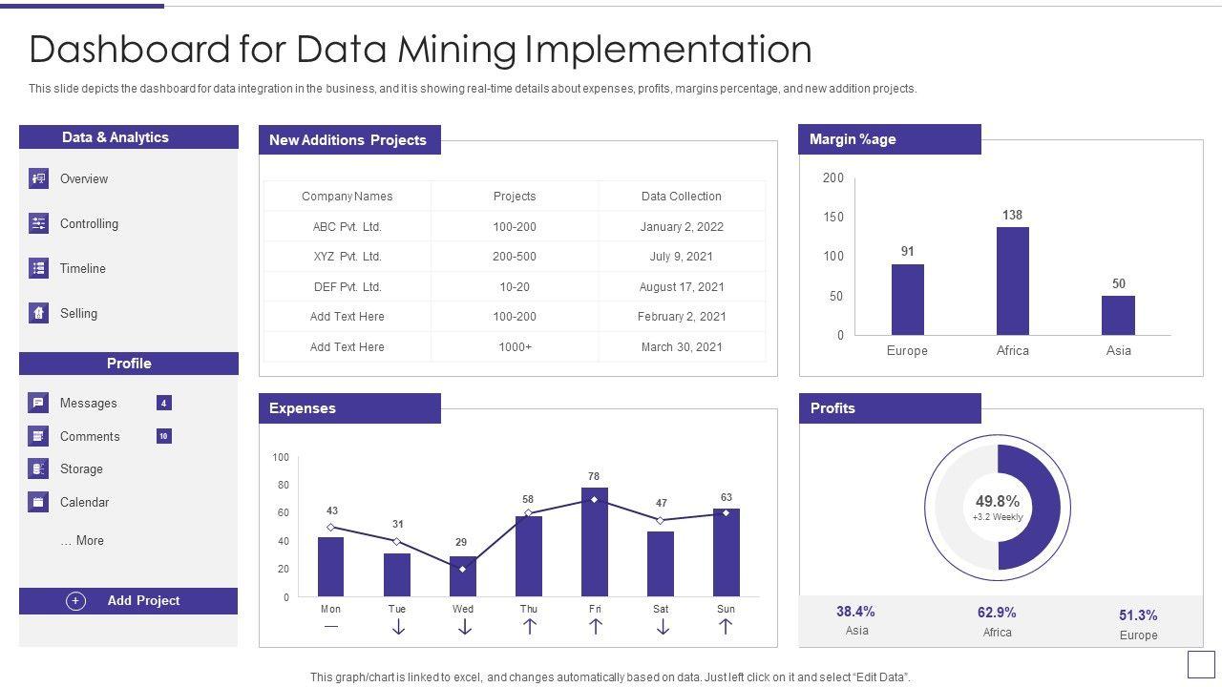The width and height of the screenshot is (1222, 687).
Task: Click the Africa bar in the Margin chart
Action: point(1012,281)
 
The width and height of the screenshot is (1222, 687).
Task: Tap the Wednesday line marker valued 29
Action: point(463,569)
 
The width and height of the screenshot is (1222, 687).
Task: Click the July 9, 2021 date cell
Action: point(682,257)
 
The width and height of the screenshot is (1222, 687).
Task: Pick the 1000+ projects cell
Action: point(515,347)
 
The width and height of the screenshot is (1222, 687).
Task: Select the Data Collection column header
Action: point(682,197)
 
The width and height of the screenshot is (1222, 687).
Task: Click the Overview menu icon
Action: point(38,178)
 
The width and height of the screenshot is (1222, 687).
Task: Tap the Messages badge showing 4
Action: point(164,404)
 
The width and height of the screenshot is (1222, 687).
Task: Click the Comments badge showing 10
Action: point(164,436)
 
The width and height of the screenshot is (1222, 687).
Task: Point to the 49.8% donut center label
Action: point(998,502)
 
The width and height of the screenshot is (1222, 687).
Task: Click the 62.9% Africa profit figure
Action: point(997,613)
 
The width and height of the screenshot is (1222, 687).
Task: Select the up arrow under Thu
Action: point(529,627)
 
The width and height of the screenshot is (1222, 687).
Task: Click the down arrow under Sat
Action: point(662,627)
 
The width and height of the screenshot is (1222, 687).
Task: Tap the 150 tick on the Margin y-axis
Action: point(832,218)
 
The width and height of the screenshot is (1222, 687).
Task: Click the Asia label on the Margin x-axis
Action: point(1118,351)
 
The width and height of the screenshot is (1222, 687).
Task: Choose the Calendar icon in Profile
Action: point(38,502)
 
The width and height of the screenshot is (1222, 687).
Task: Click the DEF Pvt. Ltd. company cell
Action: point(347,287)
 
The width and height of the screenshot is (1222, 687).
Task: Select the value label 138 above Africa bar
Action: point(1012,216)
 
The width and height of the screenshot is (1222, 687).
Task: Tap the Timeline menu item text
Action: point(83,269)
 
